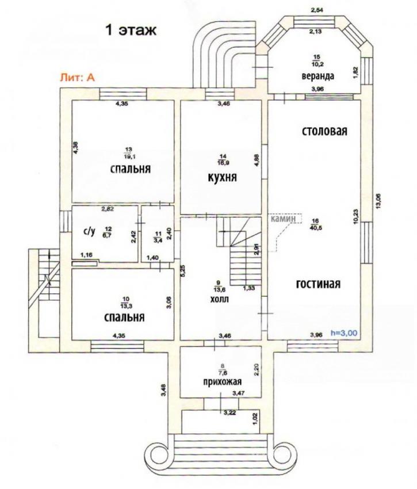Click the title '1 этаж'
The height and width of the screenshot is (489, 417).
point(131,30)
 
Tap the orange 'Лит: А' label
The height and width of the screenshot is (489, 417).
point(77,77)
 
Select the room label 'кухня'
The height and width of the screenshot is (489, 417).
point(222,177)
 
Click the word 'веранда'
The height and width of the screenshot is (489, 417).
point(318,76)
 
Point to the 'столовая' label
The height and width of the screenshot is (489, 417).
point(324,131)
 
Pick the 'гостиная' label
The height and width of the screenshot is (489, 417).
point(318,284)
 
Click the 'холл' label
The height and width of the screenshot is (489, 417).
point(220,299)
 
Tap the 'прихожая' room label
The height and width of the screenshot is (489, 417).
point(223,381)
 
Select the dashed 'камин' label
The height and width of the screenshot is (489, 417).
point(282,219)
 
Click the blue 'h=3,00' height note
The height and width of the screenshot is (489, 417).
point(344,333)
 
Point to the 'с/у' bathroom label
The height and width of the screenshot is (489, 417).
point(89,231)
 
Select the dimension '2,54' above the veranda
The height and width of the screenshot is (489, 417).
point(317,10)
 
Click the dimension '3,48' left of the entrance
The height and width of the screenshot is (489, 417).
point(164,390)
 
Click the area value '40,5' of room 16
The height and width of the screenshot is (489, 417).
point(316,228)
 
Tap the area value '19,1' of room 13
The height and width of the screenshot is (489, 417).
point(127,154)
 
